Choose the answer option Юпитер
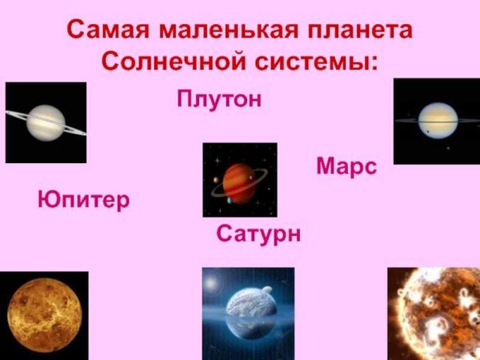coord(83,199)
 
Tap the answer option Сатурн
coord(258,234)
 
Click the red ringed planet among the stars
coord(238,179)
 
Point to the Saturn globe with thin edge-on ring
coord(436,121)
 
